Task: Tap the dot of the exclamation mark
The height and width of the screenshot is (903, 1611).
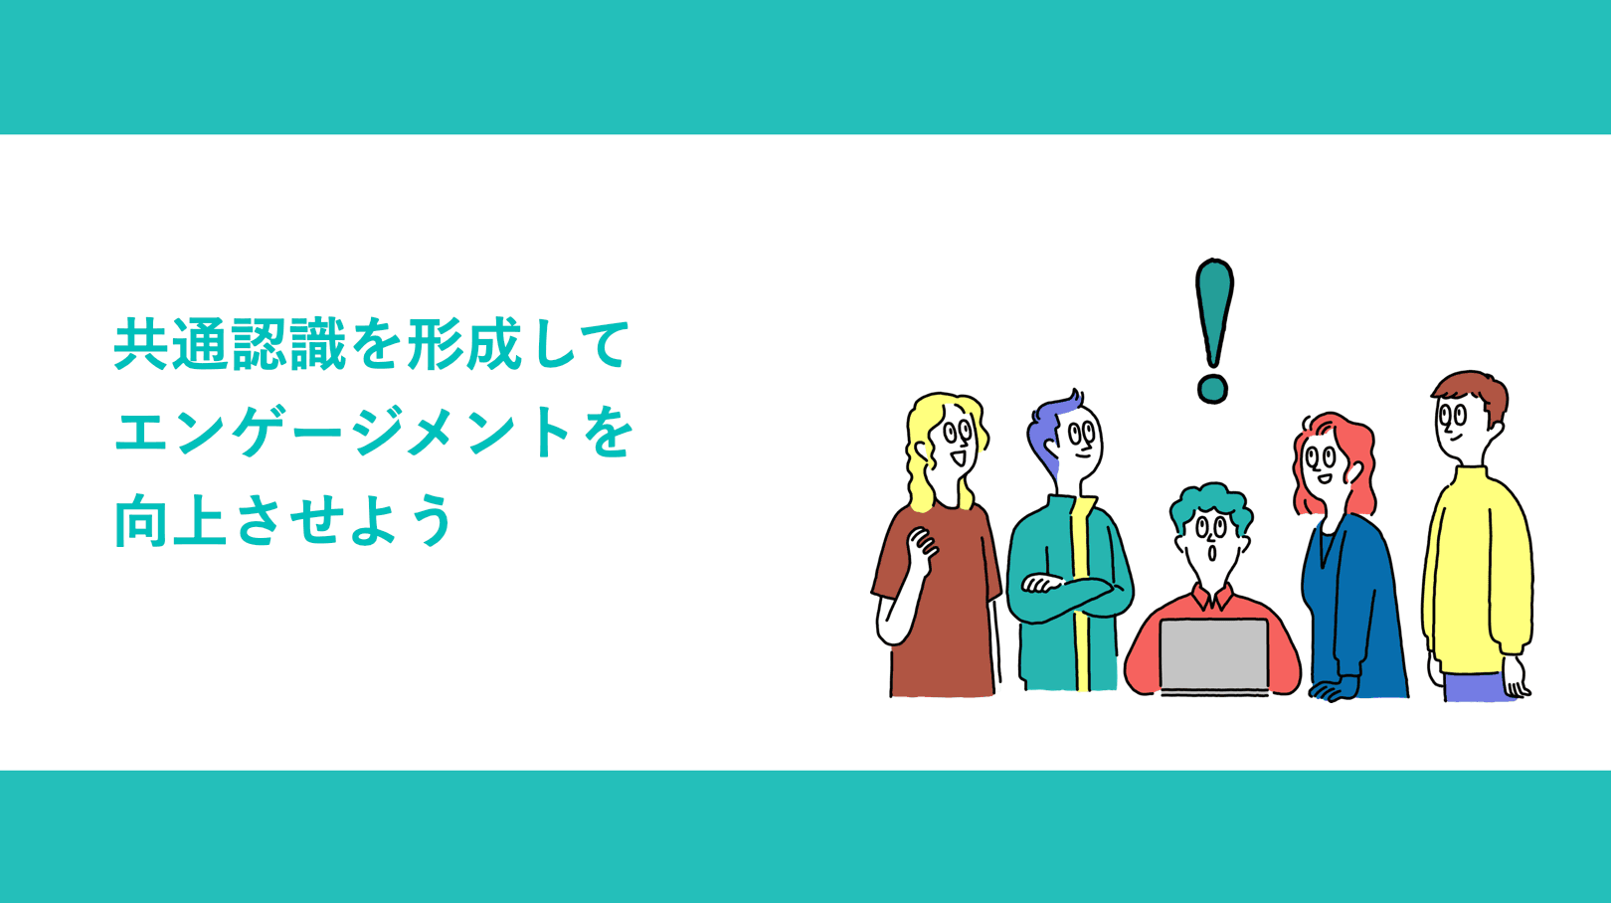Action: point(1212,388)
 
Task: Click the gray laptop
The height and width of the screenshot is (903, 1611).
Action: point(1213,654)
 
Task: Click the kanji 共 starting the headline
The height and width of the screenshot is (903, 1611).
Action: point(141,345)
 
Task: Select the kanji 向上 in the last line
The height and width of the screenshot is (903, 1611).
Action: point(171,520)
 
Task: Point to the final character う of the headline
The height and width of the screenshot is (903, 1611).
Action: point(431,520)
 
